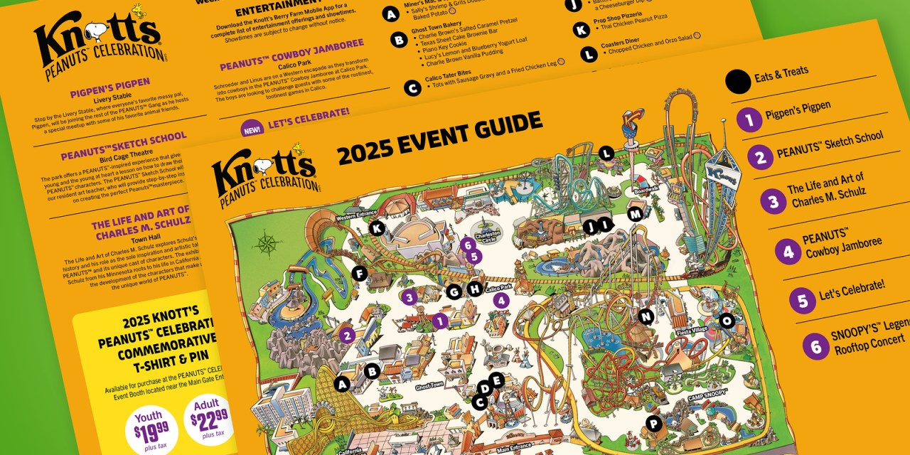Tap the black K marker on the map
[x=377, y=228]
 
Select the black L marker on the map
[x=606, y=153]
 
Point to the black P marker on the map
[x=653, y=424]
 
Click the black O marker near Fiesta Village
[x=726, y=321]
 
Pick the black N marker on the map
[x=646, y=316]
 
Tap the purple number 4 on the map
[x=501, y=300]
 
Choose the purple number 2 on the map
[x=347, y=335]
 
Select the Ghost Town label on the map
[x=429, y=387]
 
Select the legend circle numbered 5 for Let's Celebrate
[x=802, y=300]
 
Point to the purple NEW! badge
[x=252, y=130]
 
